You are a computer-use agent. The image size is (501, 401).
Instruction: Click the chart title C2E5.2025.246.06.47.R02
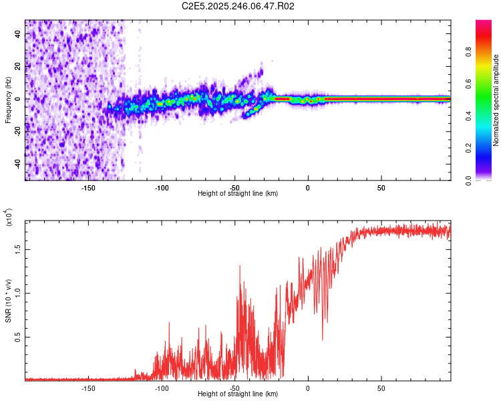[x=238, y=6]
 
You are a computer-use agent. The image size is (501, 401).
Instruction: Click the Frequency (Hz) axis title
[x=8, y=100]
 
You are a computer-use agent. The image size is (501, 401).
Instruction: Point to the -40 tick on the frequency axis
[x=18, y=164]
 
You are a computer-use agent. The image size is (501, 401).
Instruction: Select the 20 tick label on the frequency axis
[x=18, y=66]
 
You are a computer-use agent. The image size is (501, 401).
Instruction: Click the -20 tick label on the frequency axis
[x=18, y=132]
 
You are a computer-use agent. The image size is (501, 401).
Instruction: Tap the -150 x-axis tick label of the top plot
[x=89, y=188]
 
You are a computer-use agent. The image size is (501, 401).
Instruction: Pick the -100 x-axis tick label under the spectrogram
[x=162, y=188]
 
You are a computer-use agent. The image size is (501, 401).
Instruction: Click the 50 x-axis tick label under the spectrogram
[x=380, y=188]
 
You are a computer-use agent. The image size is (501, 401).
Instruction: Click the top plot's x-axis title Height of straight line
[x=238, y=194]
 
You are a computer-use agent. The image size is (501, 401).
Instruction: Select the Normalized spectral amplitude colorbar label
[x=496, y=100]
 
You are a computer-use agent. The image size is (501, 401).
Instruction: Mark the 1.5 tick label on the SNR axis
[x=18, y=248]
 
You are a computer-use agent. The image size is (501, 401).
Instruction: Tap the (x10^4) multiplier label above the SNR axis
[x=8, y=218]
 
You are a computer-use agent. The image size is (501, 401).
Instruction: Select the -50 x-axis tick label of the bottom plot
[x=234, y=388]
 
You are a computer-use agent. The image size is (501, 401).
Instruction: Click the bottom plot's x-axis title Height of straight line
[x=238, y=394]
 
